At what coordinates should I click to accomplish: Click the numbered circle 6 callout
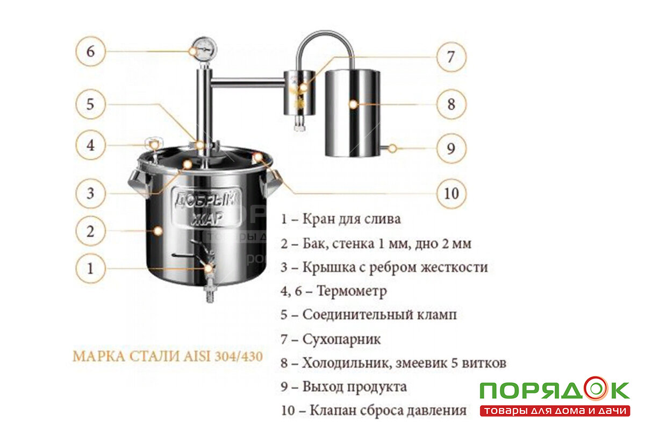click(91, 51)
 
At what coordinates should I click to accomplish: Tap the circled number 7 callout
click(451, 57)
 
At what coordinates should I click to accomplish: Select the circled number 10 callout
click(451, 193)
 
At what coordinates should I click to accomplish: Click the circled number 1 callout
click(91, 269)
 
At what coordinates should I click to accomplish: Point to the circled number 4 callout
click(91, 145)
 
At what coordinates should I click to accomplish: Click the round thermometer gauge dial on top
click(204, 49)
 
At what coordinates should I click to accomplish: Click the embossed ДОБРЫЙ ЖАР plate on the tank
click(207, 207)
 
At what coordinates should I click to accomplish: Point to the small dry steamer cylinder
click(299, 93)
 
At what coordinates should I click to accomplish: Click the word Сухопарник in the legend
click(341, 340)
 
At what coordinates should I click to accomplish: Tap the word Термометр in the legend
click(352, 291)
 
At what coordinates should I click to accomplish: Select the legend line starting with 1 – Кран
click(341, 219)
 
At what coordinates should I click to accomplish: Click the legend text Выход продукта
click(354, 387)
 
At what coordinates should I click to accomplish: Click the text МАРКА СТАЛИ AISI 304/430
click(168, 356)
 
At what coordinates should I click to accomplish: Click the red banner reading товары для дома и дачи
click(555, 411)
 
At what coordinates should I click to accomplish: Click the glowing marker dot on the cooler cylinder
click(353, 104)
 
